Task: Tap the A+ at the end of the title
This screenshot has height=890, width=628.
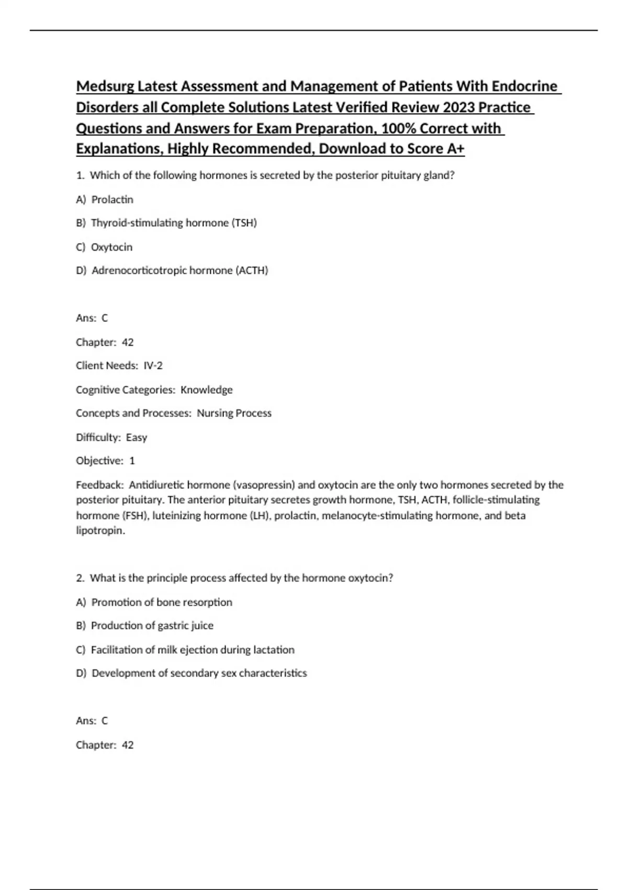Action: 456,149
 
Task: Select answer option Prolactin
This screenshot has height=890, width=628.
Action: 112,199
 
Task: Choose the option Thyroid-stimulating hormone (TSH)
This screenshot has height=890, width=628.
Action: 174,223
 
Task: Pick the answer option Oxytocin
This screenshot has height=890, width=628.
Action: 111,247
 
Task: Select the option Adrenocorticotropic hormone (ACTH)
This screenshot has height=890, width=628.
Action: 180,271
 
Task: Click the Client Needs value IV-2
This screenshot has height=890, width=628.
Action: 153,365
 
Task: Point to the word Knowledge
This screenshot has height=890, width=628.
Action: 206,390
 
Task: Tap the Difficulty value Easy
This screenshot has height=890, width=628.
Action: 137,437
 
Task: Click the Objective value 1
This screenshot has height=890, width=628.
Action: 132,461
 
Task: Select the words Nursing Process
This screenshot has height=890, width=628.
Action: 234,413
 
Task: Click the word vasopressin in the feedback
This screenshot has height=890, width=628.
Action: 264,485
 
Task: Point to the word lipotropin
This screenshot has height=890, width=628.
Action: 100,530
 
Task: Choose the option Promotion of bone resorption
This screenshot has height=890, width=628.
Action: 162,602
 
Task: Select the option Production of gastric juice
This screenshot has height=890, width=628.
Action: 152,626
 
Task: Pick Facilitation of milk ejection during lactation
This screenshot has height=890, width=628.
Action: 193,650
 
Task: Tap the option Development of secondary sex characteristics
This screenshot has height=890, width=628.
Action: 199,673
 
